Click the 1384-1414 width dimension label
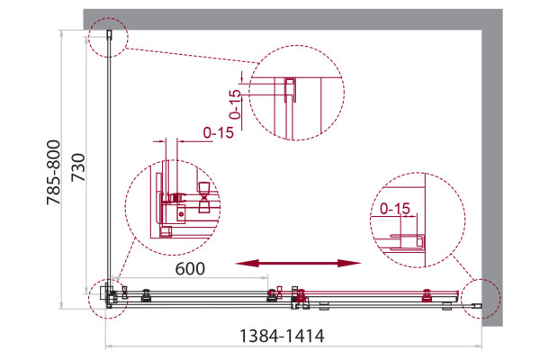point(282,336)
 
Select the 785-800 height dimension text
point(54,172)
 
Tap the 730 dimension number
point(77,167)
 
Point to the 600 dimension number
point(190,269)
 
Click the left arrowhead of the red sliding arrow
point(245,264)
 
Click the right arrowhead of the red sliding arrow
point(349,264)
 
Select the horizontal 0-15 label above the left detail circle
point(219,132)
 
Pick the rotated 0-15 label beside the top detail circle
point(236,104)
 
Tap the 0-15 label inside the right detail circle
point(395,209)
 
